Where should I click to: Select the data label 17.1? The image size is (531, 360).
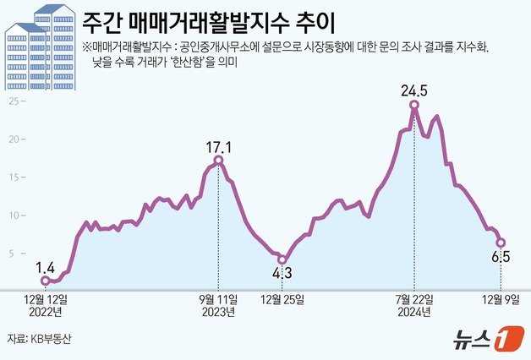click(x=219, y=145)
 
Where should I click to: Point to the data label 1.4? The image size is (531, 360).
click(x=46, y=266)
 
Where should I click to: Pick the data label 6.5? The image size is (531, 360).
click(x=501, y=256)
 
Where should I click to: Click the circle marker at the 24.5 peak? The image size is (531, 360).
click(x=414, y=105)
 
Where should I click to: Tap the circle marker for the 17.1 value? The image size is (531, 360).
click(x=219, y=160)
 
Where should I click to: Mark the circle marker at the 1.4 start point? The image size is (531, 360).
click(x=45, y=280)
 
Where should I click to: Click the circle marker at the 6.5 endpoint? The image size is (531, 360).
click(x=501, y=243)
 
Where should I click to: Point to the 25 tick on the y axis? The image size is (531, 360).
click(x=13, y=101)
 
